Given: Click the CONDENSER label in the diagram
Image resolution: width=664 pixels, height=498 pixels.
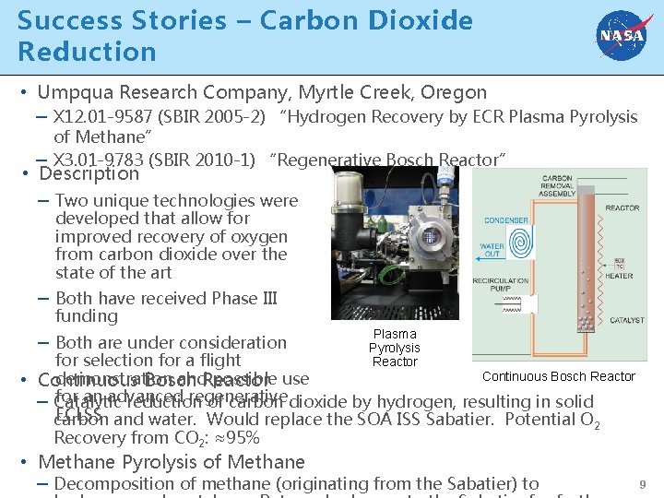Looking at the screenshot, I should click(x=506, y=220).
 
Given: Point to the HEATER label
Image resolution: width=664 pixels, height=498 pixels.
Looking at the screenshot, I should click(x=620, y=276).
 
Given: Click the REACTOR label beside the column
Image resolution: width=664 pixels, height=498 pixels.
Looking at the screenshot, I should click(x=622, y=208).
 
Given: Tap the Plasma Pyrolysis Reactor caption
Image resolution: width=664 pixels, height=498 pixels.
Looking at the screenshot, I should click(x=395, y=348).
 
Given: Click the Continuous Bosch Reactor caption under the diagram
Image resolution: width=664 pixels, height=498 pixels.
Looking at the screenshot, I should click(x=558, y=376).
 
